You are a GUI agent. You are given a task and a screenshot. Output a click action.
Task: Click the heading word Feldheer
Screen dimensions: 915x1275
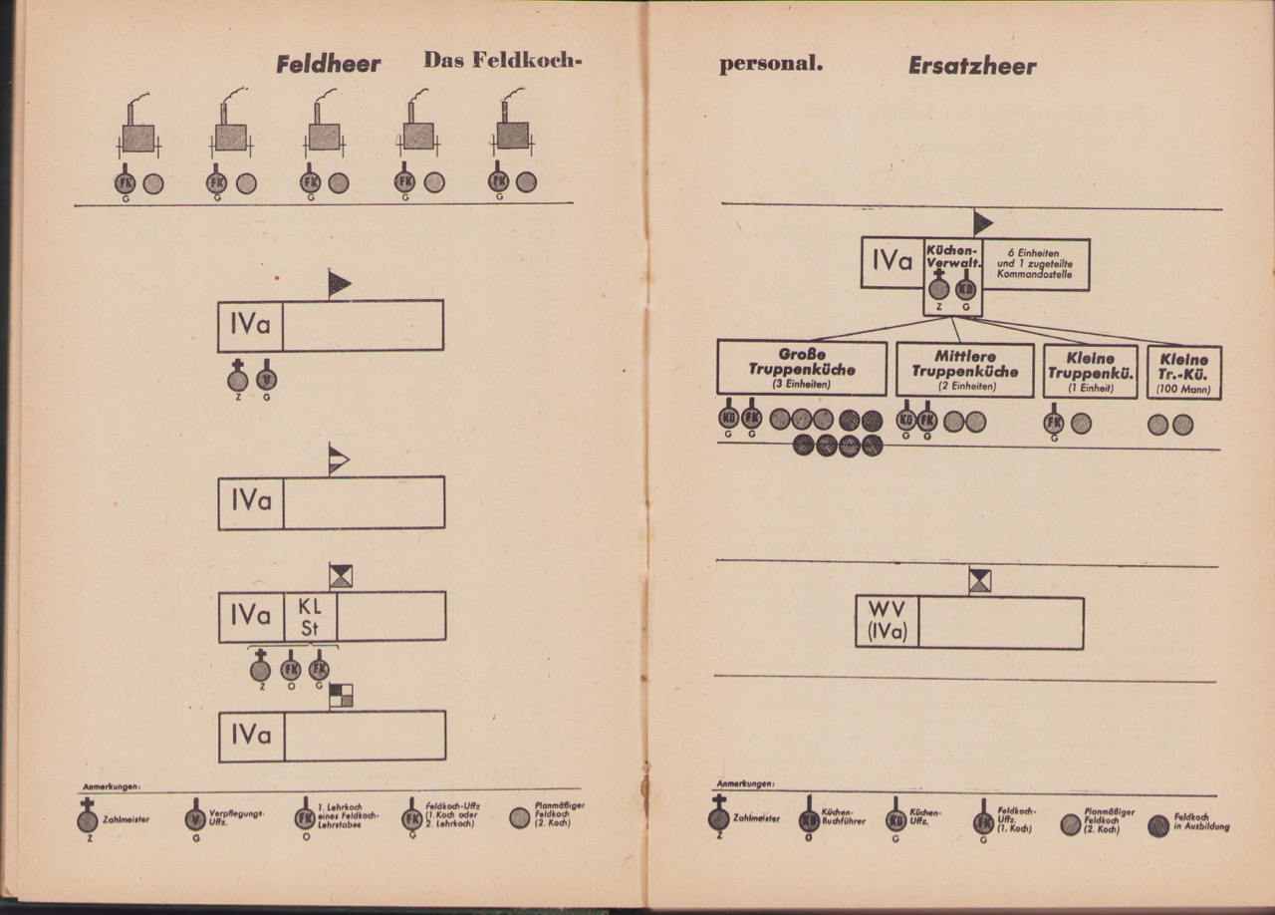tap(328, 65)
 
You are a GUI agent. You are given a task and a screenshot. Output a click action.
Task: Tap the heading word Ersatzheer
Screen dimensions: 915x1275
tap(971, 67)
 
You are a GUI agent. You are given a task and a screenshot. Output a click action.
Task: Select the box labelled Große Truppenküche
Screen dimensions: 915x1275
tap(802, 368)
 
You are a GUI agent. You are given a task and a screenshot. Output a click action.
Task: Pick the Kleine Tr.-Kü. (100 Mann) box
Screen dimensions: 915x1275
tap(1183, 372)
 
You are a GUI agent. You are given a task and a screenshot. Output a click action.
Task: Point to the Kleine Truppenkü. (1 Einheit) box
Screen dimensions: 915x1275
tap(1090, 372)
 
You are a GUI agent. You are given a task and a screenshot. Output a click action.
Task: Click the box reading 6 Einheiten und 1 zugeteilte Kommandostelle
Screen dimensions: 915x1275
tap(1035, 264)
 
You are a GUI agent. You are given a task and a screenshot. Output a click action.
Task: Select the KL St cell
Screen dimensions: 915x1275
tap(310, 617)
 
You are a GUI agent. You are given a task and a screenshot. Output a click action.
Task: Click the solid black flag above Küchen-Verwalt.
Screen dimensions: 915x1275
tap(982, 223)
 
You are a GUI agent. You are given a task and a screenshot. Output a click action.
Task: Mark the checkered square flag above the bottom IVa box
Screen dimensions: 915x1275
tap(341, 696)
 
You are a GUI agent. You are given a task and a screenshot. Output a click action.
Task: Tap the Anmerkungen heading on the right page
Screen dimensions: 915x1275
tap(745, 783)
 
